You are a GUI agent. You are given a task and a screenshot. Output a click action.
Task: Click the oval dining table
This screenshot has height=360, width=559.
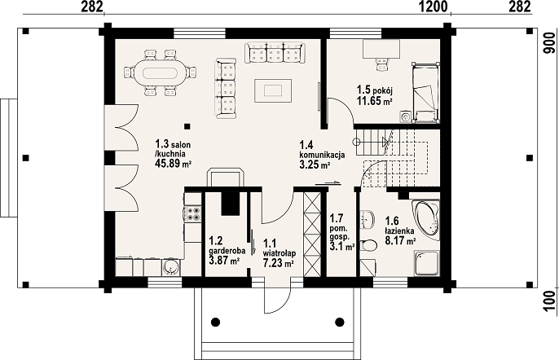tap(160, 73)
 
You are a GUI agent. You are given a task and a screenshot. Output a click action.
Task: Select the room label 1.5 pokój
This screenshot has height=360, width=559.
tap(375, 90)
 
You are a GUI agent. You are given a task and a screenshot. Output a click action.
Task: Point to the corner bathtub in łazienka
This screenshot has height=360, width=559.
tap(425, 217)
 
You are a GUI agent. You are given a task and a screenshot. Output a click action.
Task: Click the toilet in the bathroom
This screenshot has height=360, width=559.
tap(368, 245)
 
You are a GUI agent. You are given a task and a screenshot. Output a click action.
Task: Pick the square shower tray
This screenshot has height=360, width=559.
tap(427, 263)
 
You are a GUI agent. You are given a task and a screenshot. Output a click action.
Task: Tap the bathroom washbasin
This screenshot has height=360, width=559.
tap(368, 219)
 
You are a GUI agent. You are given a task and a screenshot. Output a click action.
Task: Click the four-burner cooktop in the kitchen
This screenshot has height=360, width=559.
tap(192, 213)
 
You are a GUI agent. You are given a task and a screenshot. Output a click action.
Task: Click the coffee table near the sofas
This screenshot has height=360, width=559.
tap(273, 91)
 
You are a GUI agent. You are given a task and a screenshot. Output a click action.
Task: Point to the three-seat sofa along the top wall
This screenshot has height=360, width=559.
tap(274, 53)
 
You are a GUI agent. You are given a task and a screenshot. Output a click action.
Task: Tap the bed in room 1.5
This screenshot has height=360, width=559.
tap(425, 93)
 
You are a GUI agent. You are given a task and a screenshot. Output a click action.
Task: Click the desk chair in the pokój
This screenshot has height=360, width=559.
tap(382, 64)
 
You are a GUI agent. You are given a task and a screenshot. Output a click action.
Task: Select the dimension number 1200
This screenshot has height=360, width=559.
tap(434, 7)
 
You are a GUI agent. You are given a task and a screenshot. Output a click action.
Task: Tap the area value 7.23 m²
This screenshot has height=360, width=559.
tap(279, 263)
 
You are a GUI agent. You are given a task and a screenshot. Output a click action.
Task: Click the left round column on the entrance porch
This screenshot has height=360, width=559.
tap(215, 322)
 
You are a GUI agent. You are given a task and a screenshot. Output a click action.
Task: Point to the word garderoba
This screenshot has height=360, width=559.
tap(227, 251)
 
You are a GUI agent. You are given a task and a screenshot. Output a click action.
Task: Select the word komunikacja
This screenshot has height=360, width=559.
tap(322, 155)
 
